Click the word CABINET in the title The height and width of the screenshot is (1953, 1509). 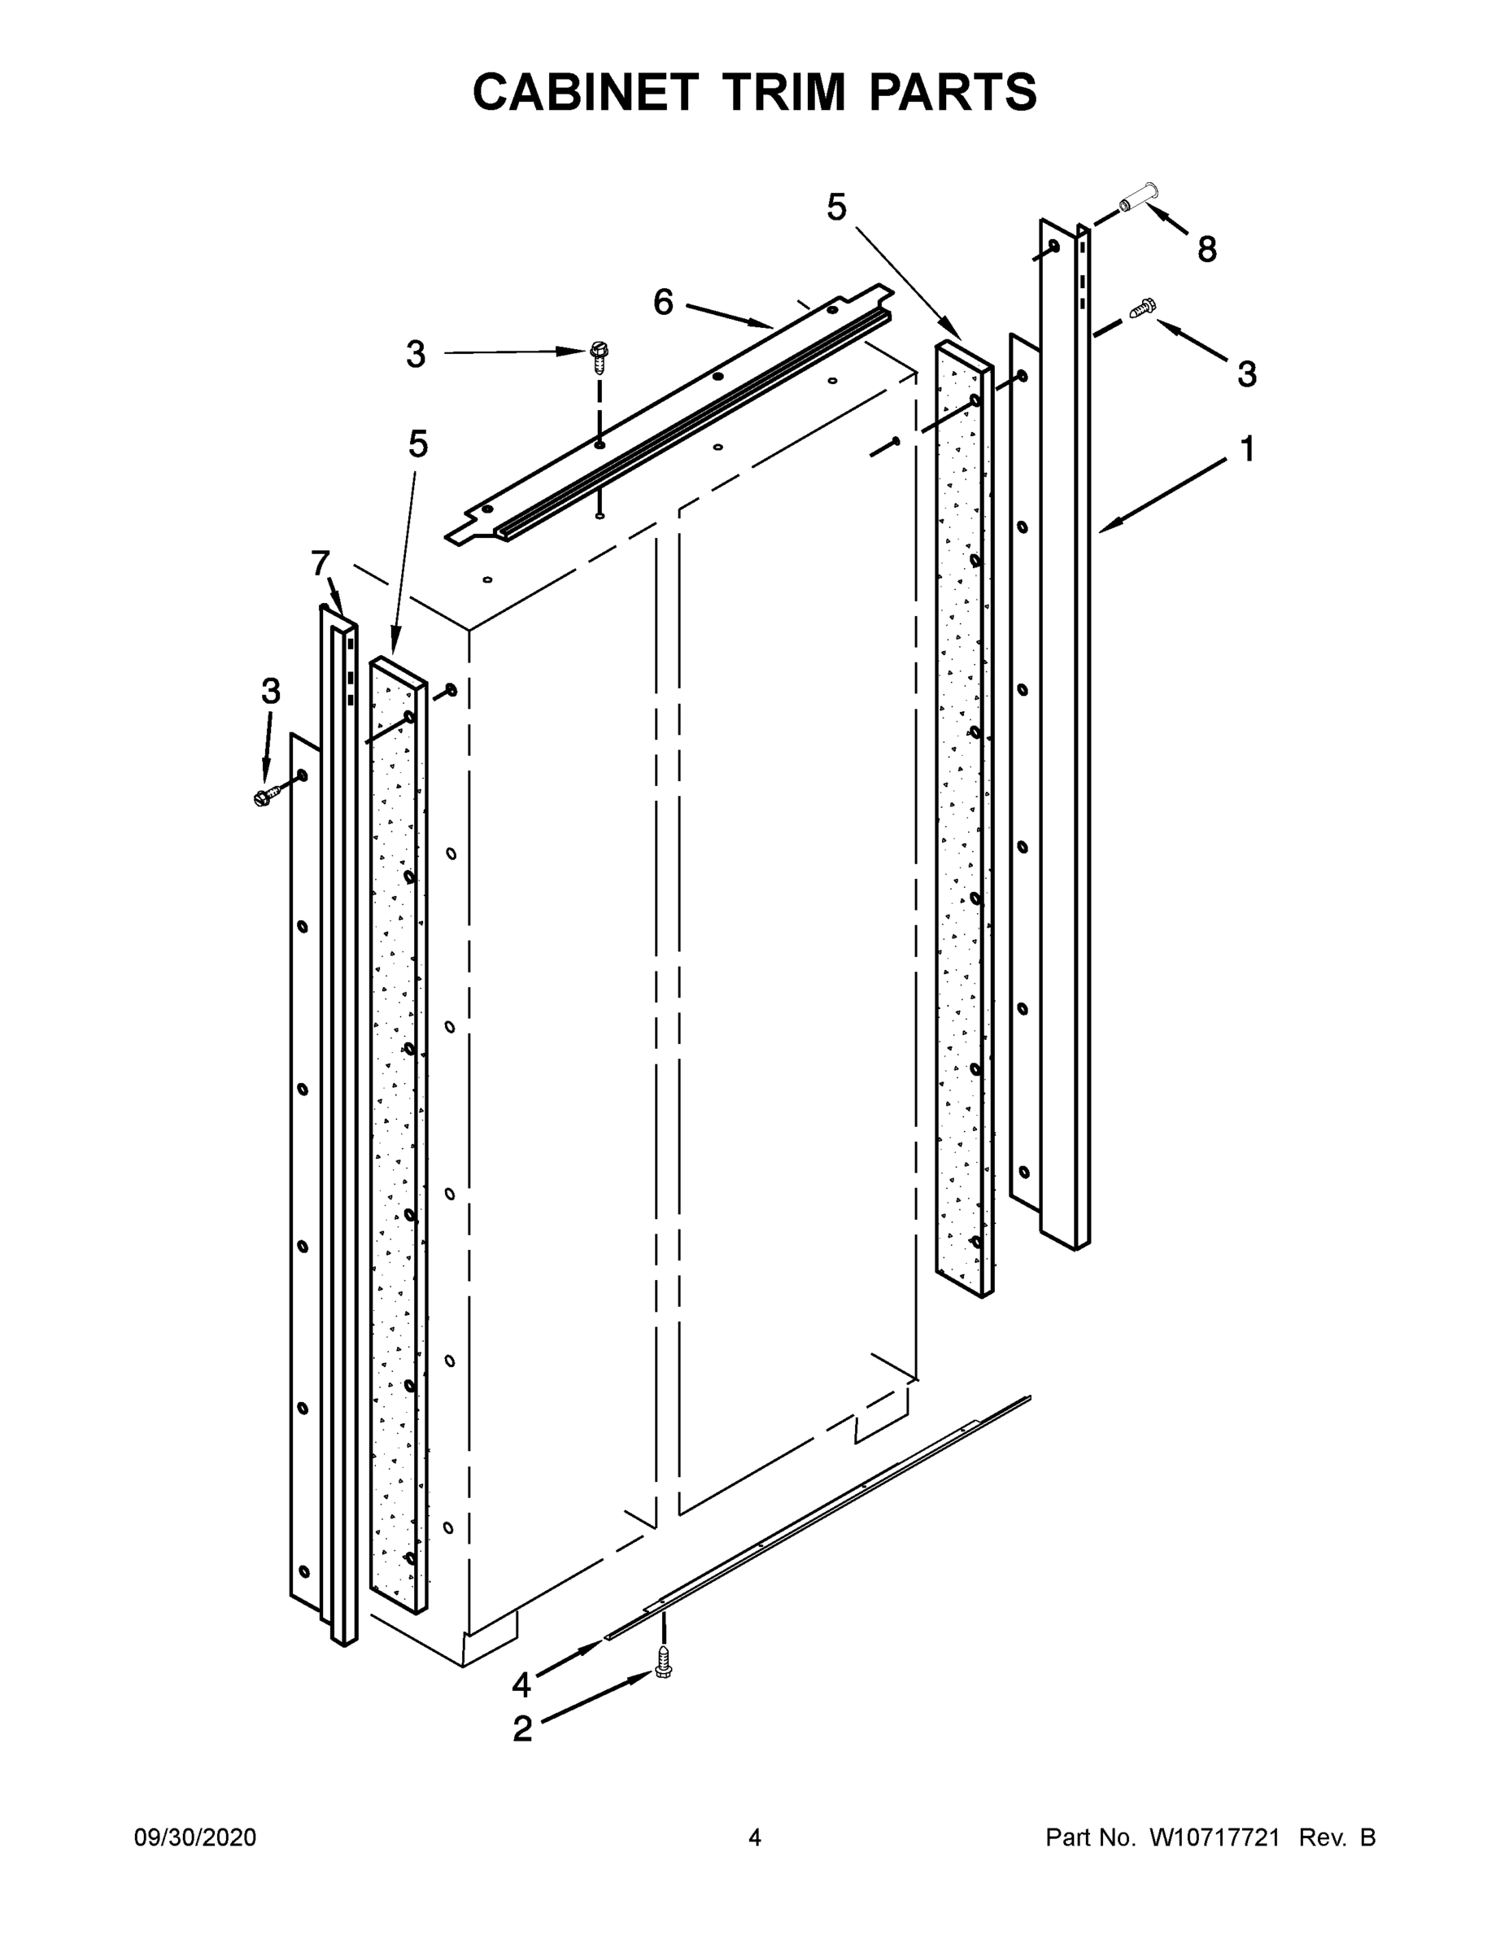(x=585, y=92)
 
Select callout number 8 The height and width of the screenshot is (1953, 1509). (x=1207, y=250)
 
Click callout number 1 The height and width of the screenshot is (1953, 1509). (x=1247, y=449)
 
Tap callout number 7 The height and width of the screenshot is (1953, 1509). (x=320, y=562)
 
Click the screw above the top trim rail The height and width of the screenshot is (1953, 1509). (x=599, y=356)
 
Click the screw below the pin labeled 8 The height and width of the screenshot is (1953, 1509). (x=1142, y=308)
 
